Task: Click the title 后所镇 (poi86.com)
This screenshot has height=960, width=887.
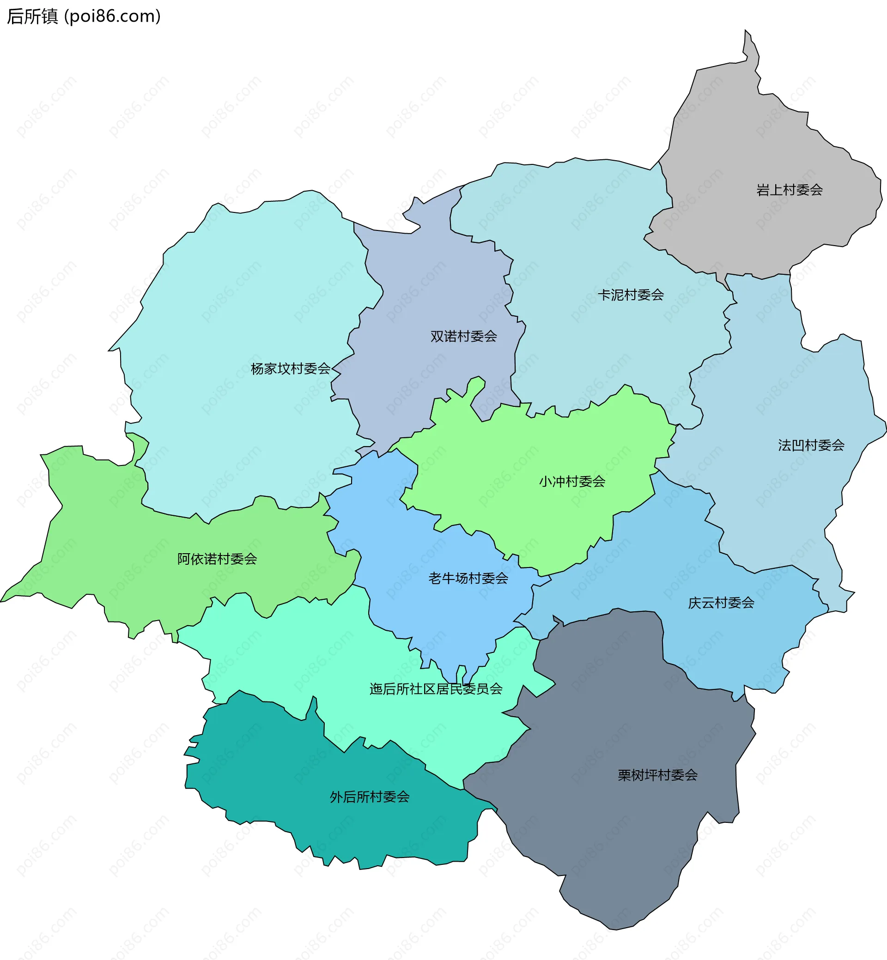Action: coord(84,16)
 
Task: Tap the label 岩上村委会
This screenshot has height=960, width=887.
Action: coord(789,190)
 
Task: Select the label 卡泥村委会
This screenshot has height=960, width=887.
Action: coord(630,295)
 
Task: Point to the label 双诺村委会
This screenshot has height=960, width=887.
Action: coord(463,336)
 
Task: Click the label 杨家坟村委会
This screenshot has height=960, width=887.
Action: coord(291,368)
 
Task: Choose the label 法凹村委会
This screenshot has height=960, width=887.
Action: coord(811,445)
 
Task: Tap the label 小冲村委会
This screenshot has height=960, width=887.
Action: coord(571,481)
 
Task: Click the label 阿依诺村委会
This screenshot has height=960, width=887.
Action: coord(217,558)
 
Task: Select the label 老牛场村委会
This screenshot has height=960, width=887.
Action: coord(468,578)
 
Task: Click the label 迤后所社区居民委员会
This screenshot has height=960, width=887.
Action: coord(436,688)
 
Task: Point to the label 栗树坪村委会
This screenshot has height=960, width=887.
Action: coord(657,775)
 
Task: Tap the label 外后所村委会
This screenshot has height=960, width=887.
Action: coord(370,797)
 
